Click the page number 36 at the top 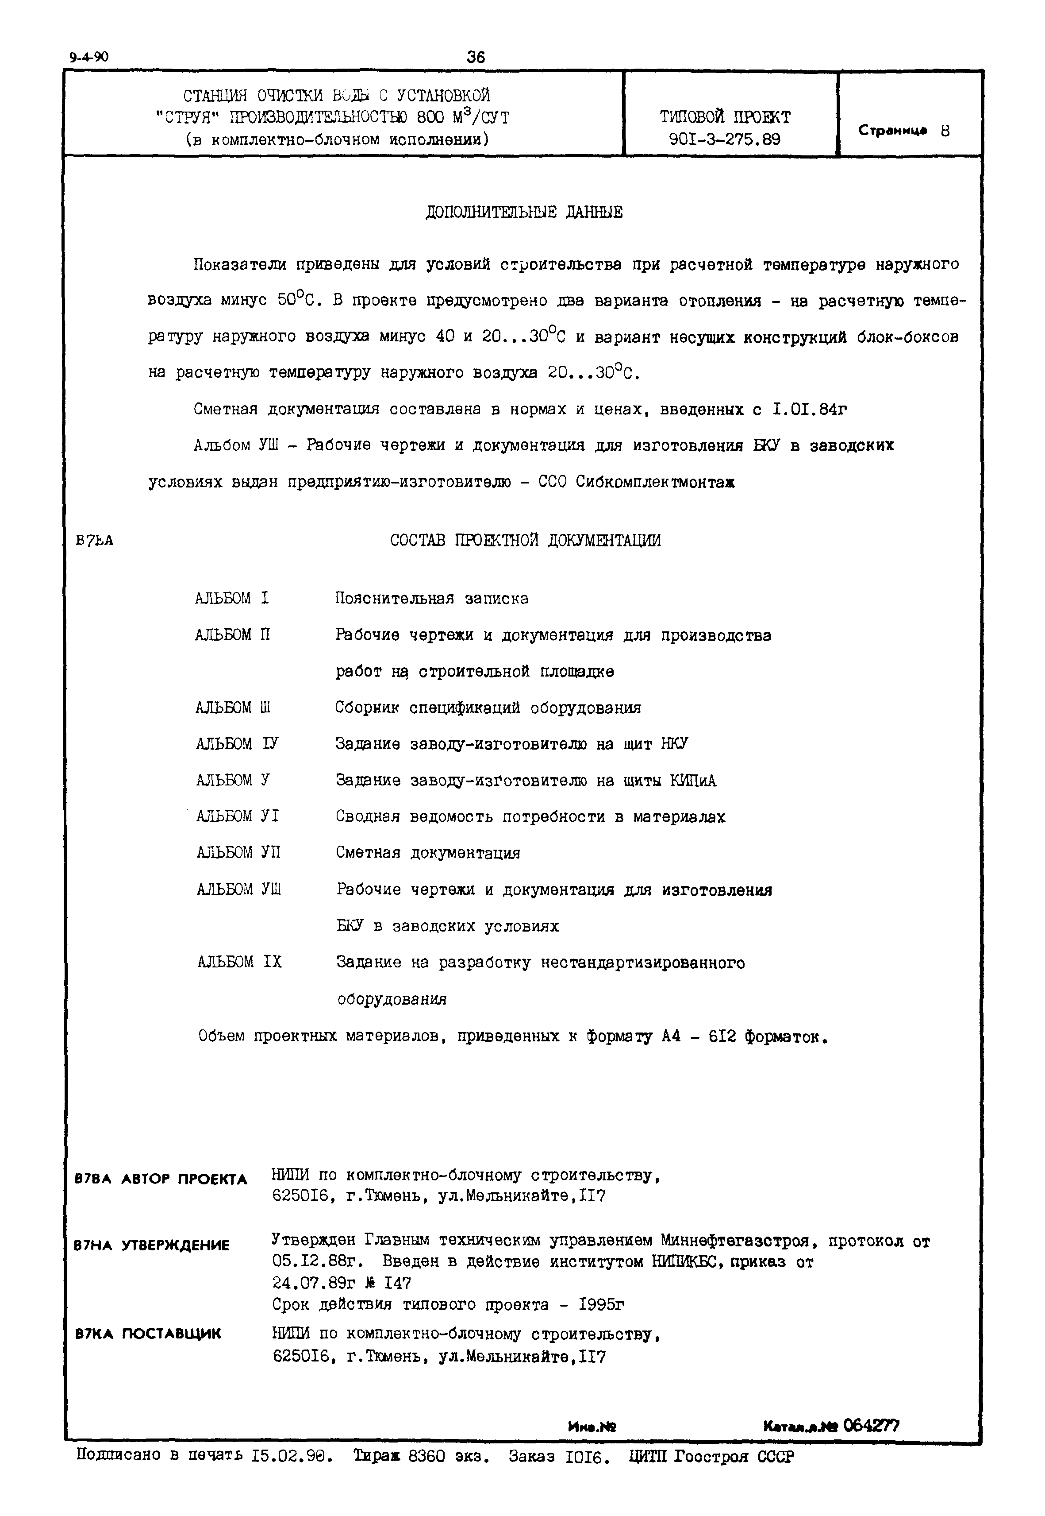click(476, 57)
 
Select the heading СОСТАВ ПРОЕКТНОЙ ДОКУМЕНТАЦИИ click(525, 541)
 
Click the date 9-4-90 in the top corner click(89, 57)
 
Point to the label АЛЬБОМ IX click(239, 963)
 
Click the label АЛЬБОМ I click(232, 598)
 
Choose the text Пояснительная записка click(431, 599)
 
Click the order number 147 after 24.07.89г click(397, 1283)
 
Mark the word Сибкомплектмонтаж click(655, 482)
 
